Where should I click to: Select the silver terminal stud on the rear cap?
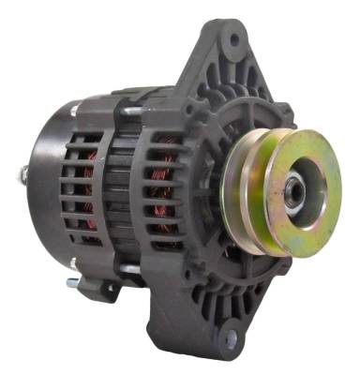tap(20, 173)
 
